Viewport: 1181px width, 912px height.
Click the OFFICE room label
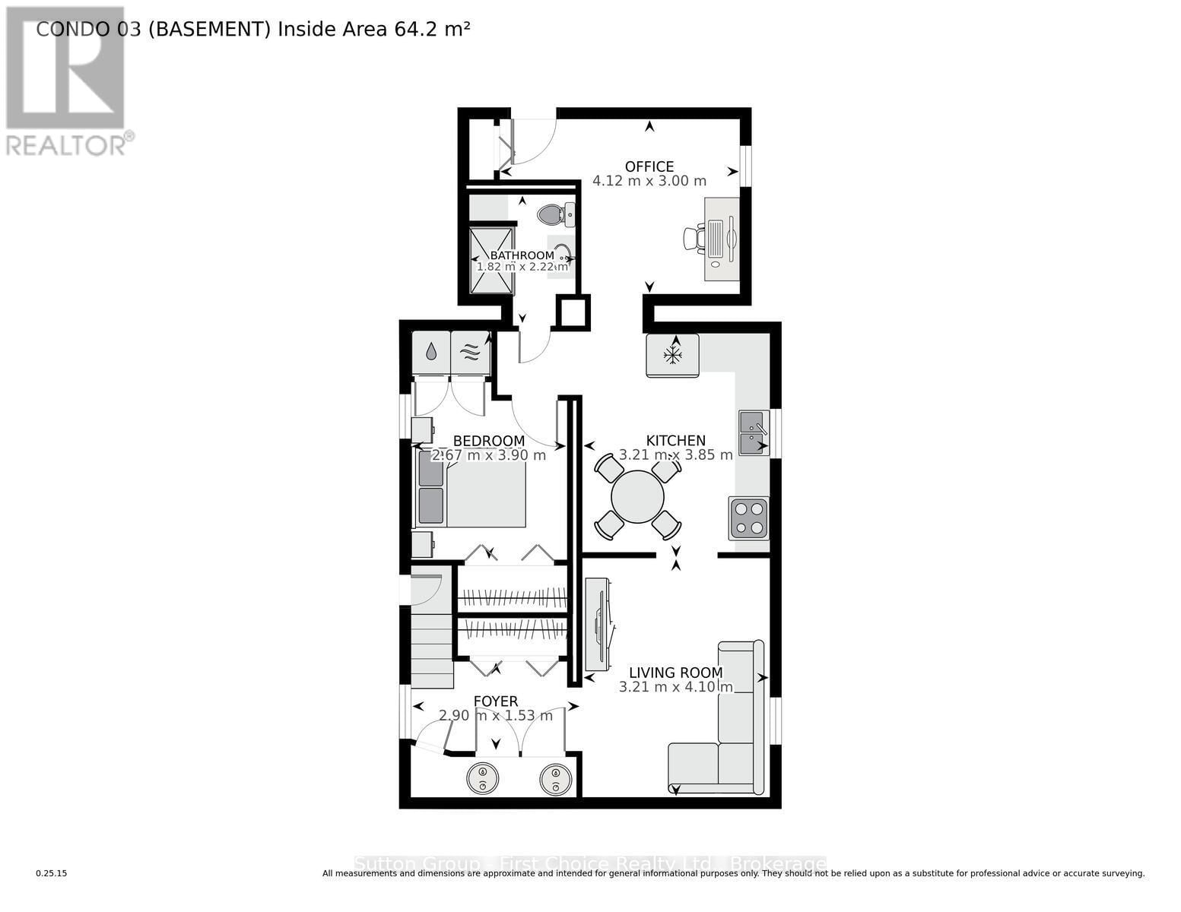click(649, 166)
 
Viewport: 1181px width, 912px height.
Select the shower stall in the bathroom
click(491, 261)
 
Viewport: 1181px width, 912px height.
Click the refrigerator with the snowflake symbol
click(672, 355)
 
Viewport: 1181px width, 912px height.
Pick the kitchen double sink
click(753, 432)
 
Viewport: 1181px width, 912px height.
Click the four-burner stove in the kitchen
click(748, 518)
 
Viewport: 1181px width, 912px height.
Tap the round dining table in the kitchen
click(637, 497)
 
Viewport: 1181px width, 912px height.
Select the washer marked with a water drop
click(430, 352)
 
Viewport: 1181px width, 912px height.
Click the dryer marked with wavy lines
click(470, 352)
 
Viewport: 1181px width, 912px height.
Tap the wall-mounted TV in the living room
click(598, 624)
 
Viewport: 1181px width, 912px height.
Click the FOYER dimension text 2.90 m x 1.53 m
click(496, 715)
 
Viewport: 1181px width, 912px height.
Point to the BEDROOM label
click(488, 441)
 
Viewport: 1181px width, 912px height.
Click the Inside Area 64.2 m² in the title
click(373, 29)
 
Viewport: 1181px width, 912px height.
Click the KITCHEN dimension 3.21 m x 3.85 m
click(675, 454)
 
